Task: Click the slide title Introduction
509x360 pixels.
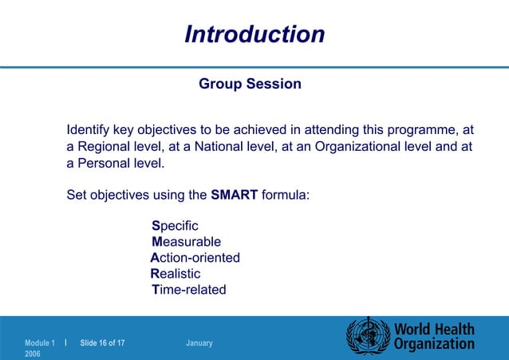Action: (x=254, y=34)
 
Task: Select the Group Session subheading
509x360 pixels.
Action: (x=250, y=84)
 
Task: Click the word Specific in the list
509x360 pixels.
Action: (x=175, y=226)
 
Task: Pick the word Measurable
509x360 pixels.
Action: (x=186, y=242)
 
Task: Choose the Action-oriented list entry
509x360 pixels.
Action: (x=195, y=258)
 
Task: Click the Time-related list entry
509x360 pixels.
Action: (x=188, y=290)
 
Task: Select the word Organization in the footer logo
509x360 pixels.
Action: (x=434, y=345)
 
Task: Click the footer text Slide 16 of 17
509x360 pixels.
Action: (x=102, y=343)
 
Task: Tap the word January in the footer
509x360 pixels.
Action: (x=199, y=343)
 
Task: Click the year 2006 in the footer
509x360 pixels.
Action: (x=33, y=354)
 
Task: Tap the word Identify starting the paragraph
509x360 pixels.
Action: (x=89, y=129)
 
